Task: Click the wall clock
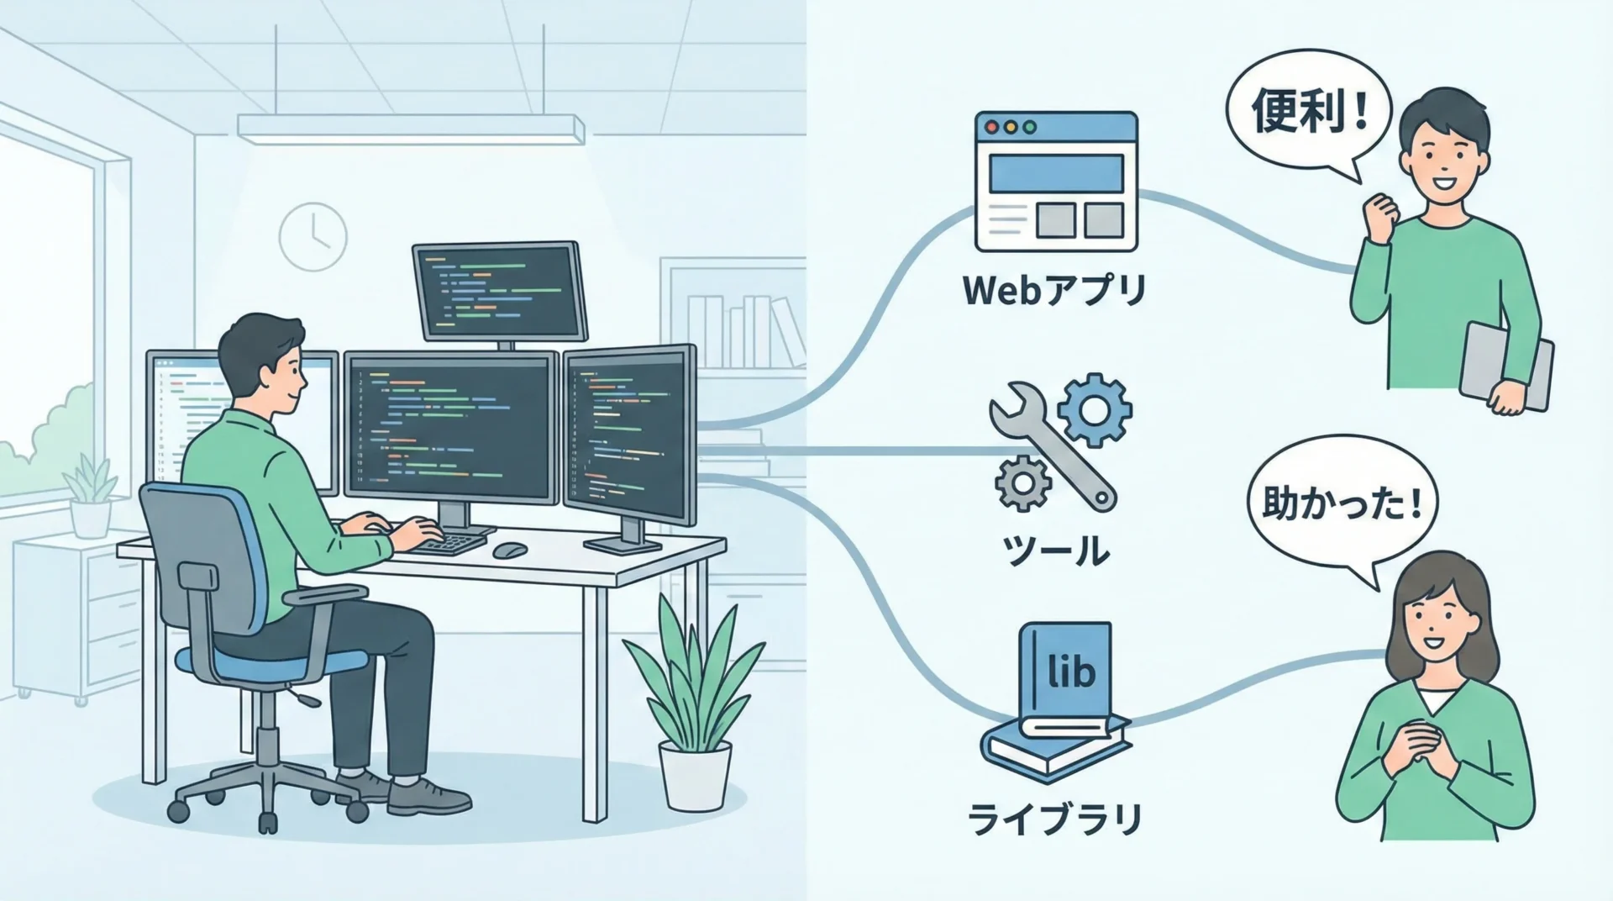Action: point(313,235)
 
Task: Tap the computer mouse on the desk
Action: point(510,550)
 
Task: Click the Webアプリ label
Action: point(1054,291)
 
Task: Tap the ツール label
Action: point(1056,551)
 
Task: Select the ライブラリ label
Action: point(1055,820)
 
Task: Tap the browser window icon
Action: point(1056,182)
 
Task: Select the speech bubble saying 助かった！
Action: point(1341,507)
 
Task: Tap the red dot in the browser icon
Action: point(992,128)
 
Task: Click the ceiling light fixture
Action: point(411,127)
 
